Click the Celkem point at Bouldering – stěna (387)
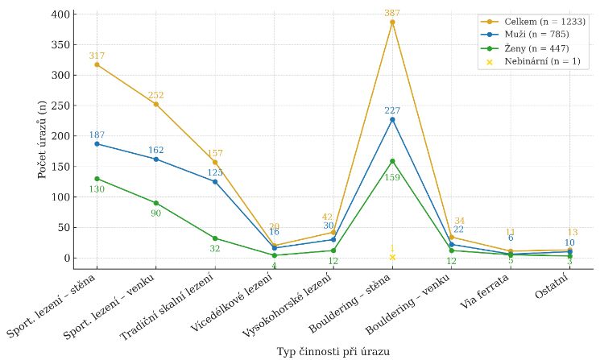click(392, 22)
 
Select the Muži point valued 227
click(392, 119)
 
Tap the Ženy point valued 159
click(392, 161)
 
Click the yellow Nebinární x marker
click(392, 257)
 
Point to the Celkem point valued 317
click(97, 64)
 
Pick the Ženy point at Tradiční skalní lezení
click(215, 238)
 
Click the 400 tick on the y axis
click(60, 14)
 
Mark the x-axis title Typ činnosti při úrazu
click(333, 352)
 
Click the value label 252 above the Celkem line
click(155, 95)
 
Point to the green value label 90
click(155, 213)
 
